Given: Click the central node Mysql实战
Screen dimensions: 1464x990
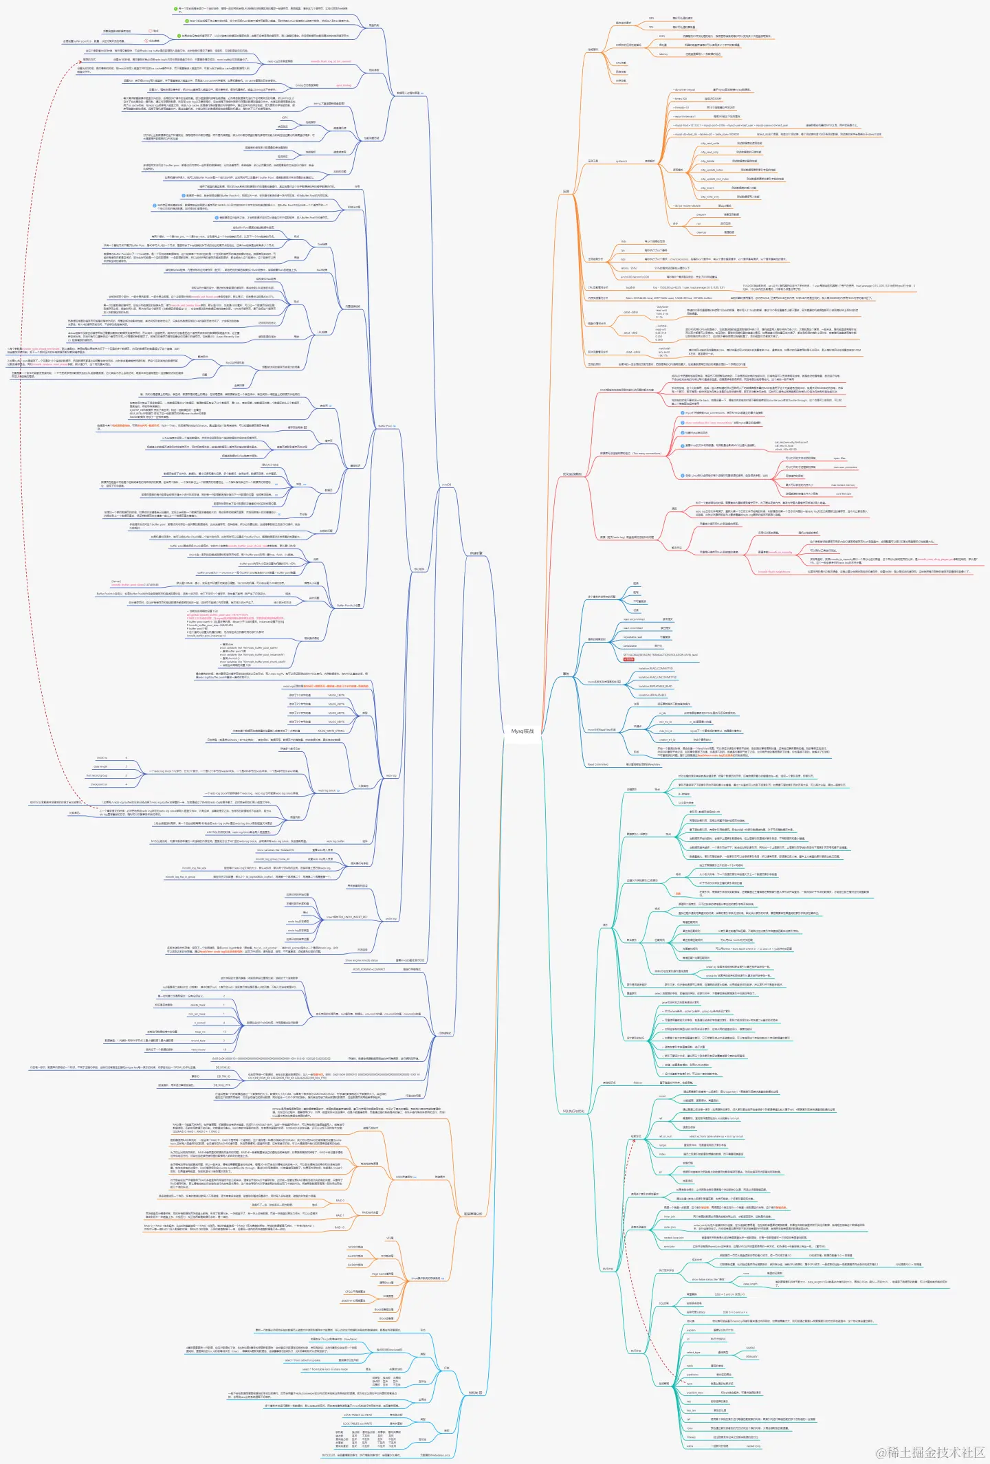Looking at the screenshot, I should tap(522, 731).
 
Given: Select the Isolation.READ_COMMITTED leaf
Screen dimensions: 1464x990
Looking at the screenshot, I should tap(655, 668).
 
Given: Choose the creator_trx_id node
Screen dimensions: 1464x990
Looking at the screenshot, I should tap(667, 740).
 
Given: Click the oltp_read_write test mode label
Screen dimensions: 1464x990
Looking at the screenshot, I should tap(709, 143).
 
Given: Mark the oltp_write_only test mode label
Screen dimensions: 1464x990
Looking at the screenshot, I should tap(709, 197).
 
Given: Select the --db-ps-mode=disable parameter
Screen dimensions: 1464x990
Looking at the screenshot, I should tap(687, 206).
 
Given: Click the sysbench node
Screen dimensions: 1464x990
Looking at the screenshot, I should tap(621, 161).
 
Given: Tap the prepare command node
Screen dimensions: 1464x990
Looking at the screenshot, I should tap(701, 214).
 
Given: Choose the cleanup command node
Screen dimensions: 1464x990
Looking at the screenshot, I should tap(701, 232).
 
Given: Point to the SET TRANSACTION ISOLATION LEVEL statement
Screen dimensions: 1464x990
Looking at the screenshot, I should tap(660, 655).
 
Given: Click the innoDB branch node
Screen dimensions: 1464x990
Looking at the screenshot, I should tap(446, 485).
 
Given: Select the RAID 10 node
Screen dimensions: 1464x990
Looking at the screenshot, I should tap(339, 1227).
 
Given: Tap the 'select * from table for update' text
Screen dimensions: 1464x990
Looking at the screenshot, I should tap(302, 1360).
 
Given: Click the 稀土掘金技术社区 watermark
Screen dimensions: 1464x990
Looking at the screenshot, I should tap(929, 1451).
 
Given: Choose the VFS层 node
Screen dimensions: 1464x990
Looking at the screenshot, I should tap(389, 1238).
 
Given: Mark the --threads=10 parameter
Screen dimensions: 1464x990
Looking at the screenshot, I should tap(681, 107).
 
